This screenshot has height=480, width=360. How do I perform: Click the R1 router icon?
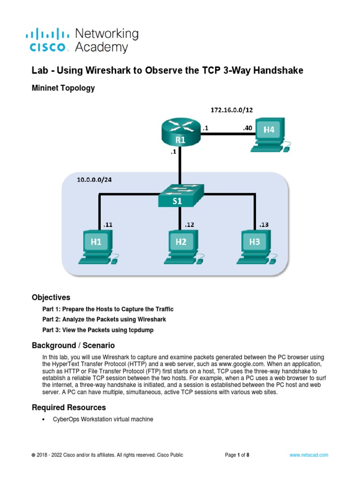pyautogui.click(x=180, y=134)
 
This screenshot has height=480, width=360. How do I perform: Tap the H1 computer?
pyautogui.click(x=99, y=246)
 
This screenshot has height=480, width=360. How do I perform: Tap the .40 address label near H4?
pyautogui.click(x=247, y=127)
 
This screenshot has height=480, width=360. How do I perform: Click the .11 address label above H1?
pyautogui.click(x=107, y=225)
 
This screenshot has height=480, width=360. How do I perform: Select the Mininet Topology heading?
pyautogui.click(x=63, y=88)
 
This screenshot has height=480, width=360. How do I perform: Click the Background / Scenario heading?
pyautogui.click(x=73, y=345)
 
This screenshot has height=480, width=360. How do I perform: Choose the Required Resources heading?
pyautogui.click(x=68, y=407)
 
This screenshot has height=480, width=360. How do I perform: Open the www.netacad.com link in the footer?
pyautogui.click(x=309, y=455)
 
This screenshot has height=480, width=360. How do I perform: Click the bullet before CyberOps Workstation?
pyautogui.click(x=44, y=420)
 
